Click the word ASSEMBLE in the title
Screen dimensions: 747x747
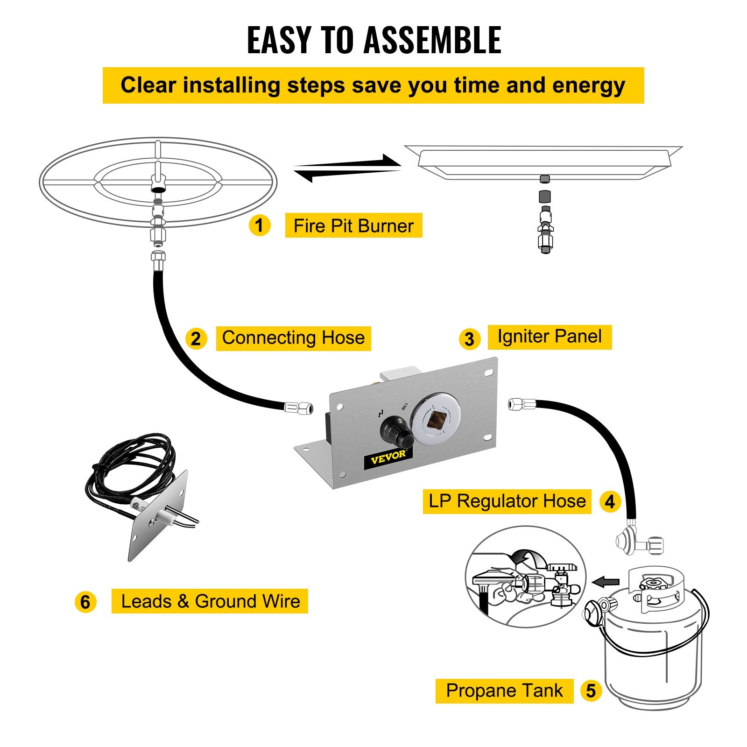432,41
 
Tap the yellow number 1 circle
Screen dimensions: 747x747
260,226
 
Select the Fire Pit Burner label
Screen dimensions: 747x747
353,226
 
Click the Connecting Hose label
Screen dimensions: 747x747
293,338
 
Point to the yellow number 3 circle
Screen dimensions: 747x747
469,339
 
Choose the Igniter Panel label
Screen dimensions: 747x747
550,337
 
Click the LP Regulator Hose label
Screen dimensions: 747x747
507,501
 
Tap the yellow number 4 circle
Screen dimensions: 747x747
610,502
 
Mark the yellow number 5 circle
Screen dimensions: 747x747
591,691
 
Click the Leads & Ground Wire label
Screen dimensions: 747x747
210,601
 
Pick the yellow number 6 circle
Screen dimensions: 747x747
85,602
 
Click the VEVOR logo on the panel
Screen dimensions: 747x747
388,457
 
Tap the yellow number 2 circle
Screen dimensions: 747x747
196,339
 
